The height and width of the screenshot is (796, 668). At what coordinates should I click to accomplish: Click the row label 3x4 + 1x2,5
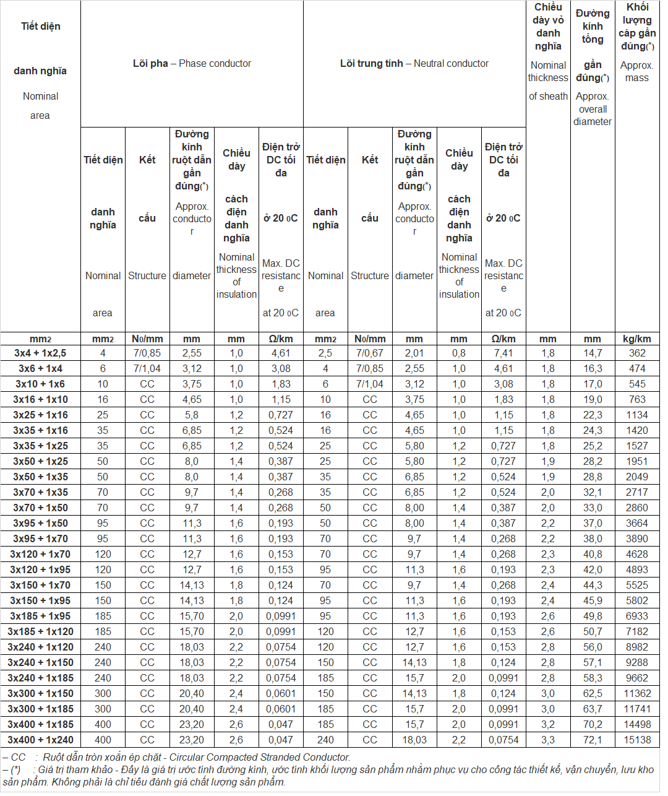(x=40, y=353)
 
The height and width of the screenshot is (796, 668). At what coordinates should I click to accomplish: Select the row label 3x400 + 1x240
(x=40, y=740)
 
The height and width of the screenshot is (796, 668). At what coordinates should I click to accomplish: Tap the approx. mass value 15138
(x=637, y=740)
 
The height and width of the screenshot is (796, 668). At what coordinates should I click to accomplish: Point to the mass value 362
(x=637, y=353)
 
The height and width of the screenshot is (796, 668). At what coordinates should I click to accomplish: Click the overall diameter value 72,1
(x=593, y=740)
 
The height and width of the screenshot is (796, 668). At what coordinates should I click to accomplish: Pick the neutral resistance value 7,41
(x=503, y=353)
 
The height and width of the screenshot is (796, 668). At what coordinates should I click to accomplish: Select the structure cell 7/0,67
(x=370, y=353)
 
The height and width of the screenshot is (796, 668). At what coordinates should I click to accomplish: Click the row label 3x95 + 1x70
(x=40, y=539)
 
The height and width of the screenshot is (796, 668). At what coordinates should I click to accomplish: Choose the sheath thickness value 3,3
(x=548, y=740)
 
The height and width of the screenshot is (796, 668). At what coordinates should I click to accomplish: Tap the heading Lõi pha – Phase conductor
(x=192, y=64)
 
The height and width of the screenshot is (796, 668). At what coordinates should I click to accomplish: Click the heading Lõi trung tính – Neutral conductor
(x=414, y=64)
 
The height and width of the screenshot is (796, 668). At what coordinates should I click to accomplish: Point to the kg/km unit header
(x=637, y=339)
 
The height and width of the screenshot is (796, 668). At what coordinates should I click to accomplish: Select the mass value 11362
(x=637, y=694)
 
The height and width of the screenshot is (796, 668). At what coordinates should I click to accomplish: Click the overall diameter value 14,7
(x=593, y=353)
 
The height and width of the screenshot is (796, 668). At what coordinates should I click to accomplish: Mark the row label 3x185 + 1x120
(x=40, y=632)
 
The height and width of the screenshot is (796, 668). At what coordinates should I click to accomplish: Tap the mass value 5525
(x=637, y=586)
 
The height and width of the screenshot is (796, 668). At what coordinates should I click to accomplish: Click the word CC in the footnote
(x=19, y=758)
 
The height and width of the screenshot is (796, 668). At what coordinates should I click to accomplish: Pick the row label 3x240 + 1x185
(x=40, y=678)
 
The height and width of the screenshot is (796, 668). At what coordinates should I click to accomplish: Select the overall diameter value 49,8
(x=593, y=616)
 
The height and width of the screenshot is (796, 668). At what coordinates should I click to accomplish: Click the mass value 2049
(x=637, y=477)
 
